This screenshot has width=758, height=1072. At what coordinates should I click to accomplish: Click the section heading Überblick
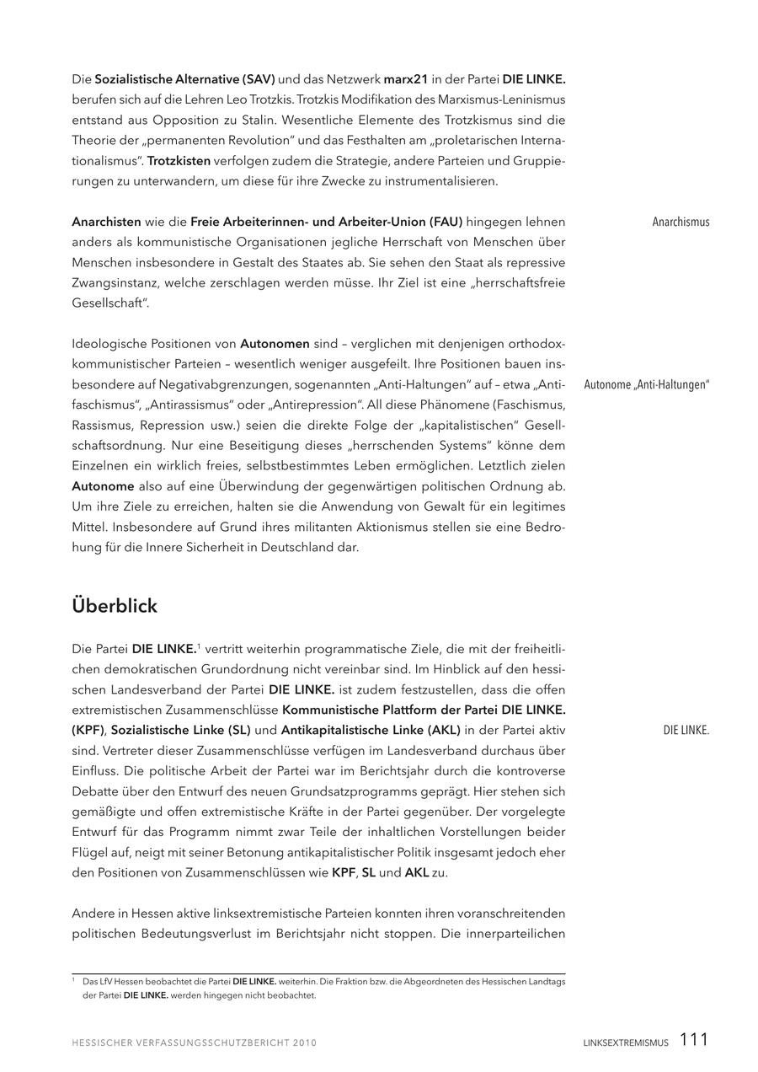pos(115,606)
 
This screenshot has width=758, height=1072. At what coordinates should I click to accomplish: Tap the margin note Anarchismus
pos(681,222)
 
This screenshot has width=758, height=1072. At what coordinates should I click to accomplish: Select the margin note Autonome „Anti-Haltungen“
pos(647,385)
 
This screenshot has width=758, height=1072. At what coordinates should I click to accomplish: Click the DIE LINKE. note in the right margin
pos(686,731)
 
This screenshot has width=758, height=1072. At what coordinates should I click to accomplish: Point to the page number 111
pos(694,1040)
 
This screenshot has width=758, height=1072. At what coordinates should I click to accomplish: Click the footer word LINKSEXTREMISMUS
pos(626,1043)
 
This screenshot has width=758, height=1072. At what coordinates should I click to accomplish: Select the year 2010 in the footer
pos(305,1043)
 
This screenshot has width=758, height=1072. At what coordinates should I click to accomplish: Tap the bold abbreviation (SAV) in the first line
pos(259,79)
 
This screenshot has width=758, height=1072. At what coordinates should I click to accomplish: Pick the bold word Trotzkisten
pos(179,160)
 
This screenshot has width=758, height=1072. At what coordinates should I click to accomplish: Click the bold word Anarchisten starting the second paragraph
pos(106,222)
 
